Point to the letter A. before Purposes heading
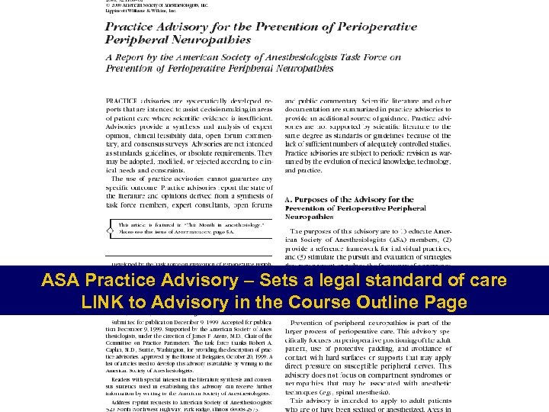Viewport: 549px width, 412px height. click(289, 200)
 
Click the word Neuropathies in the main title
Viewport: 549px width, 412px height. click(175, 37)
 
